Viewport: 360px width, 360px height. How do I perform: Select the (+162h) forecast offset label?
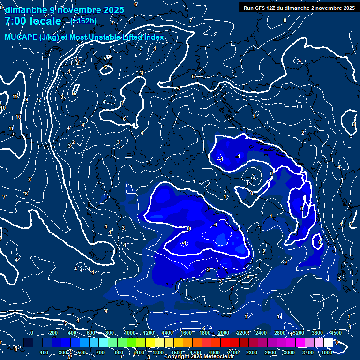click(x=83, y=21)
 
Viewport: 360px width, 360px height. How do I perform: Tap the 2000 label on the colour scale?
click(x=224, y=333)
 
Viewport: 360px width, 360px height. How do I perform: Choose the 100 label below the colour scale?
click(x=45, y=352)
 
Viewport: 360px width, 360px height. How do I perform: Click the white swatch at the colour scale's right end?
click(x=328, y=343)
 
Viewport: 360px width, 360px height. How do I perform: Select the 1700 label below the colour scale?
click(x=195, y=352)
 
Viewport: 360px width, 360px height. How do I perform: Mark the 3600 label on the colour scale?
click(x=317, y=333)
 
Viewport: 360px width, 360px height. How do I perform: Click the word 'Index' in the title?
click(x=153, y=37)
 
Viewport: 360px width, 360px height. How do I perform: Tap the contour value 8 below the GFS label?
click(x=285, y=21)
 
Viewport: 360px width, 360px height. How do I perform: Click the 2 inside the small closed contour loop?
click(x=254, y=177)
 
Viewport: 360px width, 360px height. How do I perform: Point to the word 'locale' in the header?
click(x=45, y=21)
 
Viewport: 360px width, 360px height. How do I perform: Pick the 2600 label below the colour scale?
click(x=270, y=352)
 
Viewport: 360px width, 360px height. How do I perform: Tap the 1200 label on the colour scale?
click(x=148, y=333)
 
